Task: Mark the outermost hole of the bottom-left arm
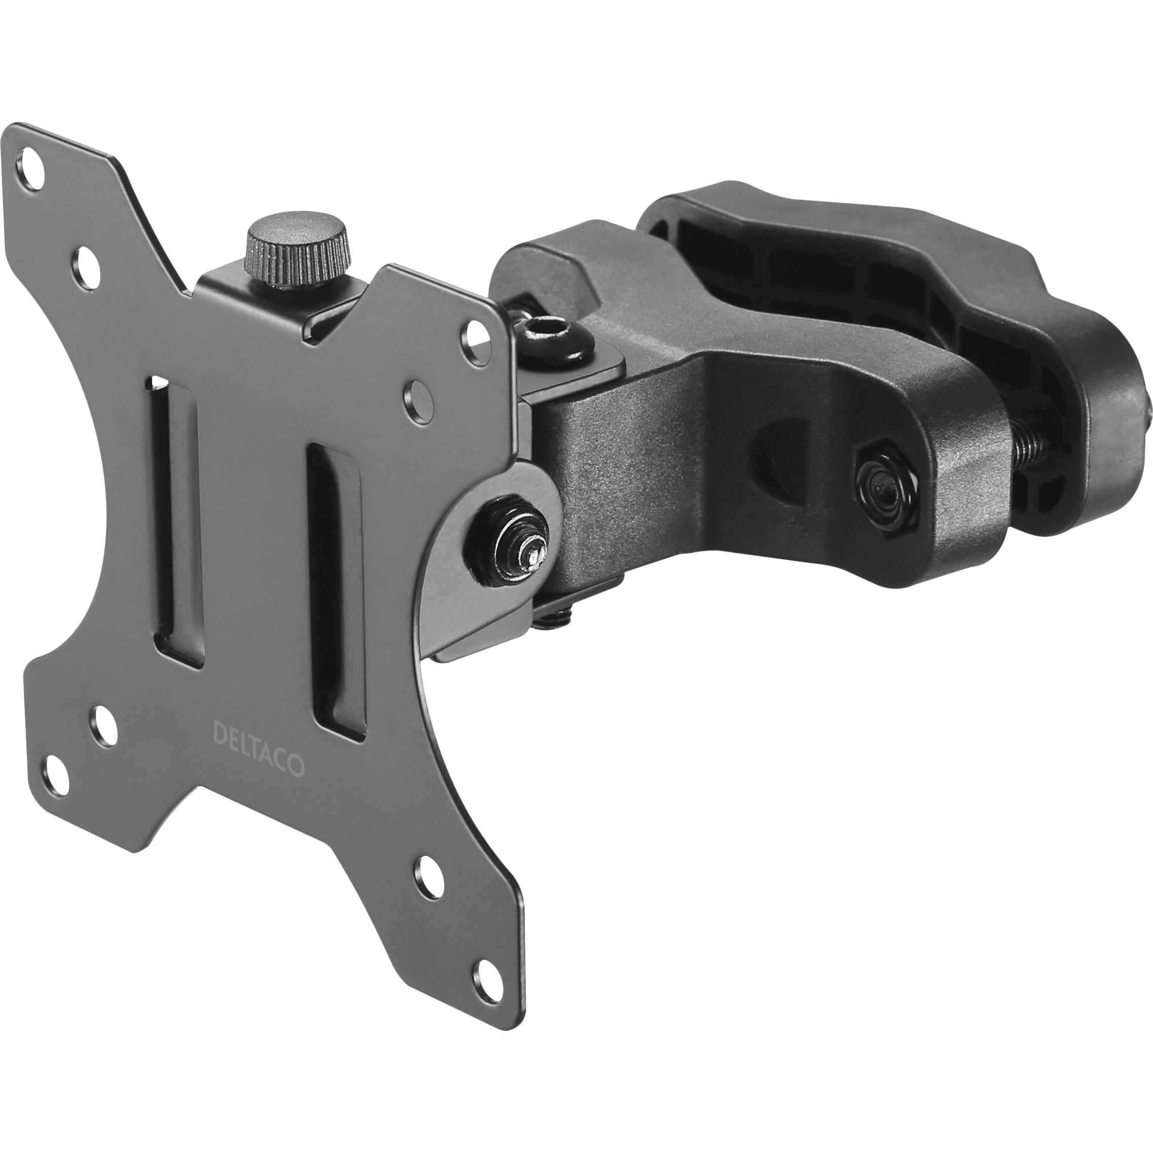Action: (x=58, y=771)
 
